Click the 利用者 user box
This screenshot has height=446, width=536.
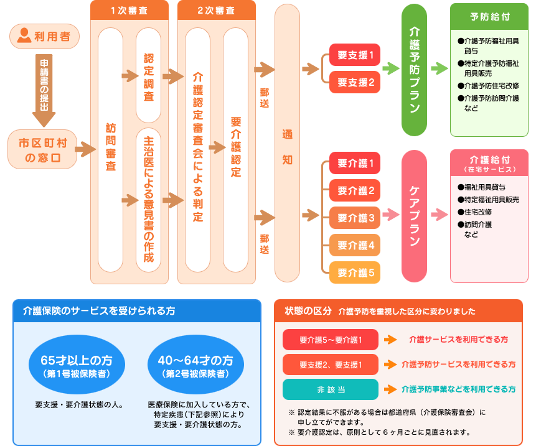(x=44, y=36)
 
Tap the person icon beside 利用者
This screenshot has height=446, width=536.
(x=24, y=35)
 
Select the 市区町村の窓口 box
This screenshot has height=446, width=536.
(x=42, y=149)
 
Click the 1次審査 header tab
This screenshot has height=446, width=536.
(x=129, y=11)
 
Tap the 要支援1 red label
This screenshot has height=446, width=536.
(x=355, y=55)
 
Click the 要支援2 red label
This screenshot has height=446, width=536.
(x=355, y=82)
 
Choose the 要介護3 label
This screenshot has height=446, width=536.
(x=355, y=218)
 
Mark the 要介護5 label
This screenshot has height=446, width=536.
(x=355, y=272)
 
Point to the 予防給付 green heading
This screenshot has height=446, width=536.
(x=489, y=17)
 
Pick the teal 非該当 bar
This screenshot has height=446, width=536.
(x=331, y=389)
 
